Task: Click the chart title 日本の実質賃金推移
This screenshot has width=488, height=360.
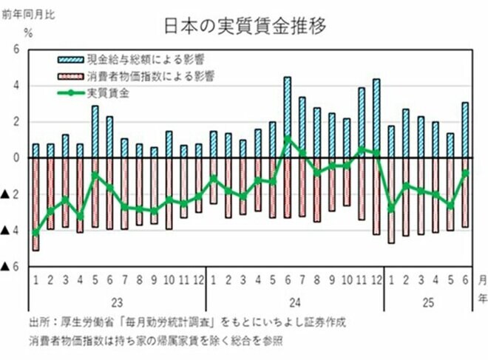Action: pyautogui.click(x=245, y=25)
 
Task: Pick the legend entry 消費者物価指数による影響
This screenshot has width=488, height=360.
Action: pyautogui.click(x=148, y=75)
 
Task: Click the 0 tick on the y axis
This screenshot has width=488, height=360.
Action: pyautogui.click(x=14, y=158)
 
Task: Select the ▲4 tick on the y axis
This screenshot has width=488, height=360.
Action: pyautogui.click(x=10, y=231)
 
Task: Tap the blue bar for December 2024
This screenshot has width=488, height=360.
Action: pyautogui.click(x=376, y=118)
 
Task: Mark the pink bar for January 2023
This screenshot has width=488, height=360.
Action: pyautogui.click(x=35, y=204)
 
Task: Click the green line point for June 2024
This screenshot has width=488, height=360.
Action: pyautogui.click(x=288, y=138)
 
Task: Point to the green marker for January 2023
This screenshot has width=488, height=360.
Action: pyautogui.click(x=35, y=233)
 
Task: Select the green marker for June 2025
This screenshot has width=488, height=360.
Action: pyautogui.click(x=465, y=172)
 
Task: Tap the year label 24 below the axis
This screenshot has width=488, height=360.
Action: pyautogui.click(x=294, y=302)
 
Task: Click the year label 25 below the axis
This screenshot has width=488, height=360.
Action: pyautogui.click(x=428, y=302)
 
